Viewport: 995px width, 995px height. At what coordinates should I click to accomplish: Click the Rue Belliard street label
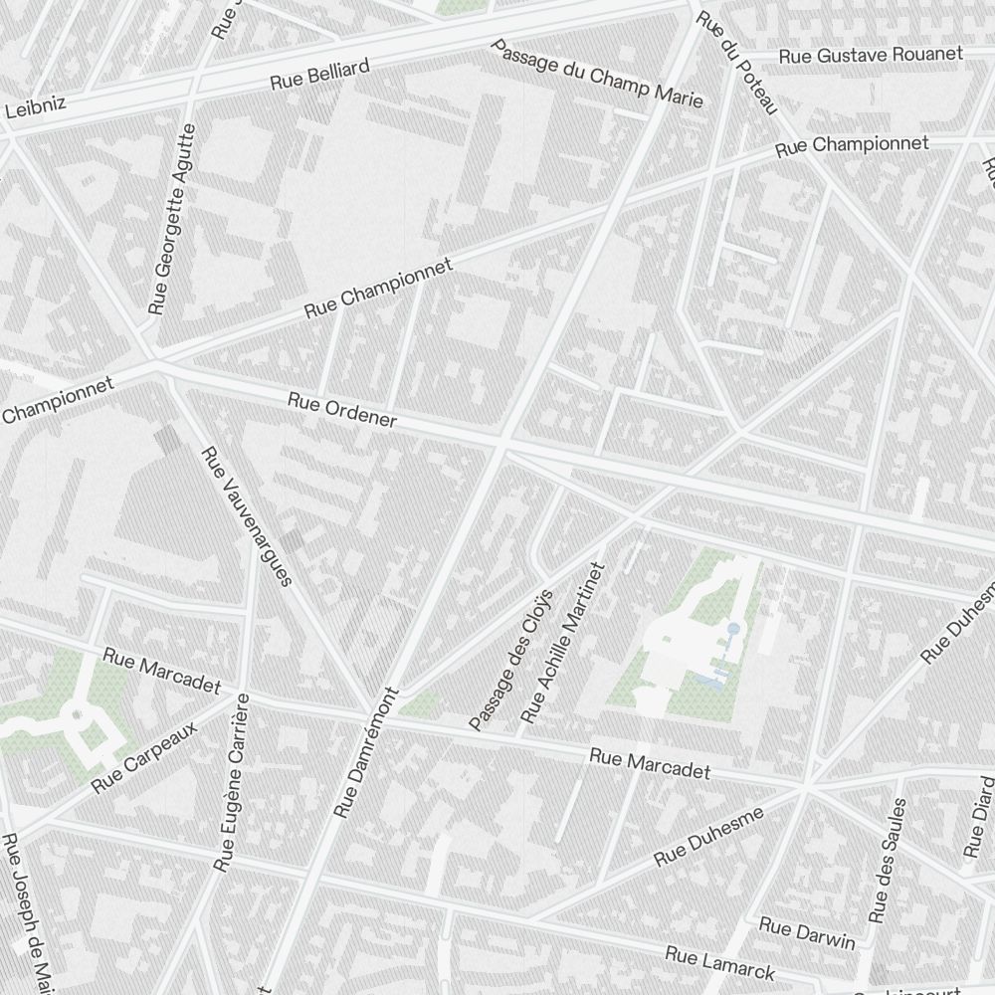(x=320, y=75)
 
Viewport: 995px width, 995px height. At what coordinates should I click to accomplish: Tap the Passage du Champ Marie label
(x=597, y=76)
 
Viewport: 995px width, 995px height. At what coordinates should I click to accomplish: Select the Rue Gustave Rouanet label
(x=871, y=55)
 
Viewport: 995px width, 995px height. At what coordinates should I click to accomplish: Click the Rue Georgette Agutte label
(x=171, y=218)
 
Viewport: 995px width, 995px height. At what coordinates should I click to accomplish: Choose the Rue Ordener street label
(x=342, y=409)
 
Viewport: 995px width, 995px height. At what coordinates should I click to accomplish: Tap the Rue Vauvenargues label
(x=246, y=515)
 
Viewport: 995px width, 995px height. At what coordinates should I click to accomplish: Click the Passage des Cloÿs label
(x=509, y=659)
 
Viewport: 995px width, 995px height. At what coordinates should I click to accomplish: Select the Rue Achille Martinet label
(x=561, y=643)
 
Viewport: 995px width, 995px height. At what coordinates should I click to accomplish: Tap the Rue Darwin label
(x=807, y=933)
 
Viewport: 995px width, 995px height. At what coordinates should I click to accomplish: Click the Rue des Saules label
(x=889, y=860)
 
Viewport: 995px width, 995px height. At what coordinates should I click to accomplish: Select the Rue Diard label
(x=979, y=815)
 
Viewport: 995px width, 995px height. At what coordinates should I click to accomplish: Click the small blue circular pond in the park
(x=733, y=629)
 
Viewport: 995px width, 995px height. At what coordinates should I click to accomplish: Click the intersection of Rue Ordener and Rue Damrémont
(x=501, y=443)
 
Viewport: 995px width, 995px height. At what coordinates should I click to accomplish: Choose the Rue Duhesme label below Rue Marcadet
(x=708, y=836)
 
